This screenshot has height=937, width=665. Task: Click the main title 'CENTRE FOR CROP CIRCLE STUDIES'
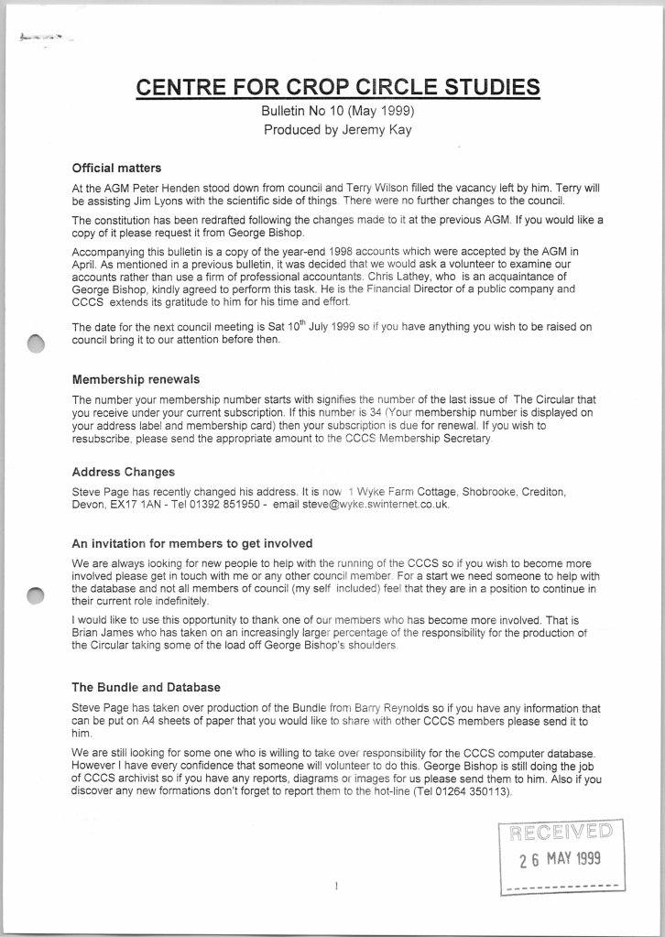[337, 87]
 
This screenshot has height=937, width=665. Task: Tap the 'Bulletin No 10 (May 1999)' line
[338, 112]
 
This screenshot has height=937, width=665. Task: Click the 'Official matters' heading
[116, 168]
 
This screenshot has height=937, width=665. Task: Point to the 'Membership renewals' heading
[136, 378]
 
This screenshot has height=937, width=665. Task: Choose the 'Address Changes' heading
[123, 473]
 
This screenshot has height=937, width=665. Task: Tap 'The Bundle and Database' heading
[146, 687]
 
